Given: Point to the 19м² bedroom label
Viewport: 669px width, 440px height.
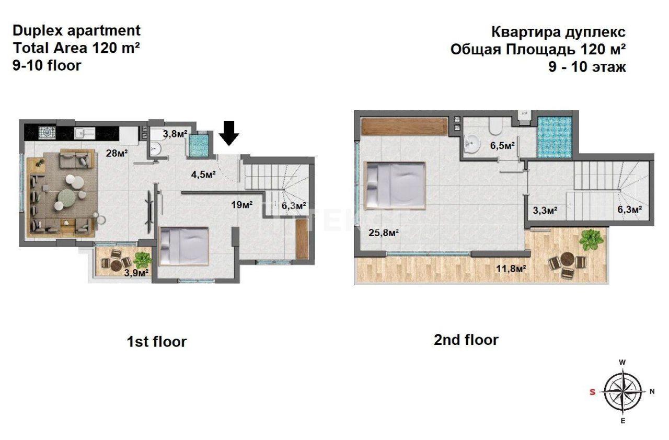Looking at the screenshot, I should coord(241,204).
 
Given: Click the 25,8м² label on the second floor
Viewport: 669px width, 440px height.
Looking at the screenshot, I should coord(380,232).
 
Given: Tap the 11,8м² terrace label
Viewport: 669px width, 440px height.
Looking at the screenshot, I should coord(510,269).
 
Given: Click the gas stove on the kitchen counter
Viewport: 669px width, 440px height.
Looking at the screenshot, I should coord(49,133).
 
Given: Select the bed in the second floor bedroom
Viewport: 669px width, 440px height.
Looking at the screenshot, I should coord(396,186).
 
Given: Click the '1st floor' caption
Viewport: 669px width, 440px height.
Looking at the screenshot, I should coord(157,342).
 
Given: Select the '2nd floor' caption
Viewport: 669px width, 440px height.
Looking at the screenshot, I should coord(466,340).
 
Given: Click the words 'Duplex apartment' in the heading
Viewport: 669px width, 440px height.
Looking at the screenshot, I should coord(76,30).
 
